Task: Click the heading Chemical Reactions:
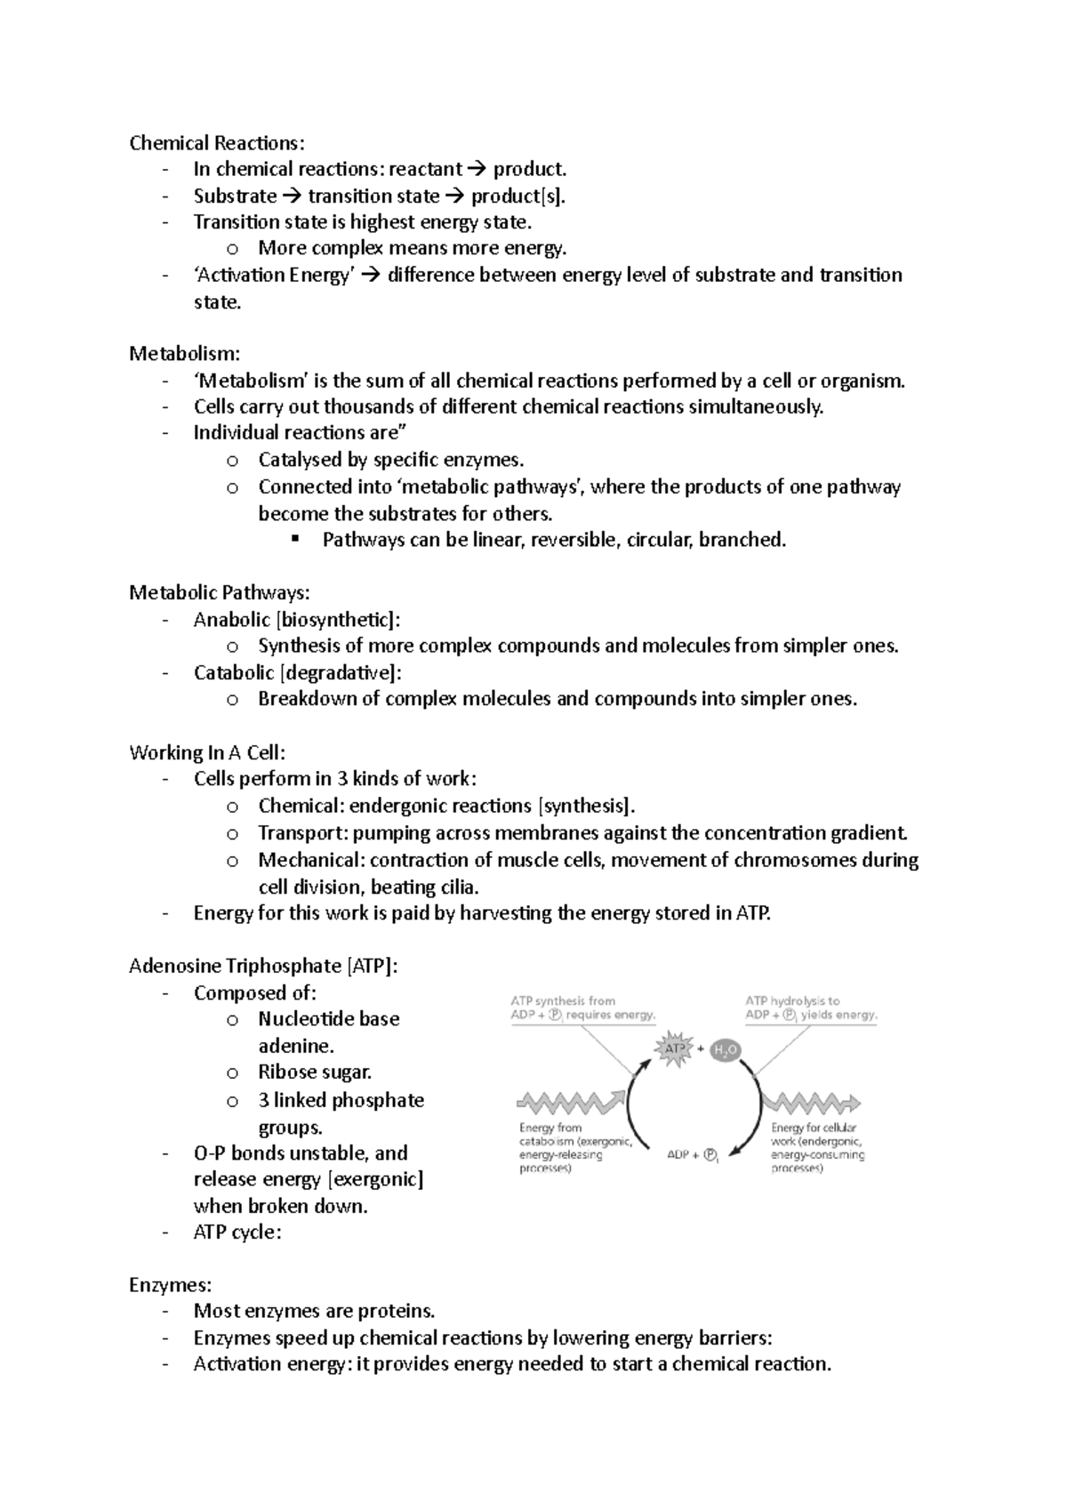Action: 216,143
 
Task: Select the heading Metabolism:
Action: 184,354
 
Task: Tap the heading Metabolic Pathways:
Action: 219,592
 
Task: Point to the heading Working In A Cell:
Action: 206,752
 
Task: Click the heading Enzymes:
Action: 170,1285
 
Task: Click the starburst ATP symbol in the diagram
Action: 674,1048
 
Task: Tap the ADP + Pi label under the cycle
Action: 693,1155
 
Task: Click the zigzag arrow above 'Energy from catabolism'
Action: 570,1103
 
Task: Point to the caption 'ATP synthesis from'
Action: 562,1000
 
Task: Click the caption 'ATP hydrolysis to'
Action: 791,1000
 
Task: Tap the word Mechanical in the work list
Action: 310,860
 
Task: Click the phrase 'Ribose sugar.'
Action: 315,1072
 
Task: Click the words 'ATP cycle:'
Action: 237,1233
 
